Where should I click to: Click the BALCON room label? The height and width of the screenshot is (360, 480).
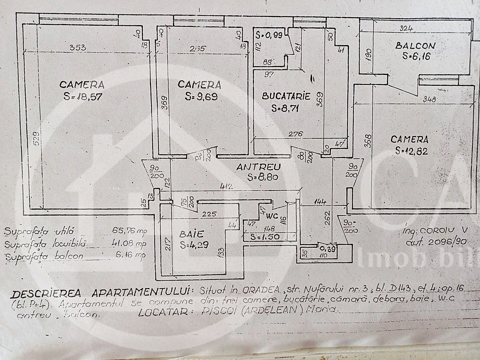click(x=415, y=46)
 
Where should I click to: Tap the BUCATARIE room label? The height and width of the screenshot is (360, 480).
click(x=286, y=97)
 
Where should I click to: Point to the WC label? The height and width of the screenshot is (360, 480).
click(x=271, y=216)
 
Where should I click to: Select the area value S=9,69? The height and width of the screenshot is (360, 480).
click(x=200, y=97)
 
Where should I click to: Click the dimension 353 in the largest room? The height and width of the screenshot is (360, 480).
click(x=77, y=48)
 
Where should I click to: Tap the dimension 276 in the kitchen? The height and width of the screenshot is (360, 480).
click(x=295, y=134)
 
